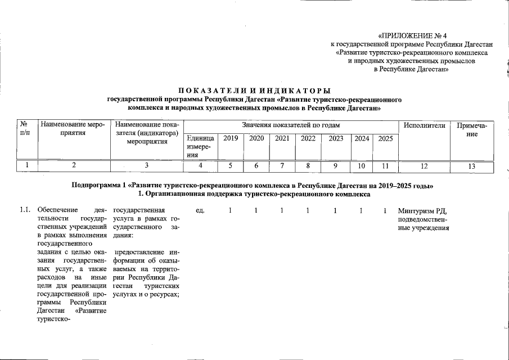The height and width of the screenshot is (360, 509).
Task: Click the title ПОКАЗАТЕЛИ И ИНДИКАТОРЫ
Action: coord(254,91)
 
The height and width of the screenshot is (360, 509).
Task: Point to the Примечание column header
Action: coord(474,129)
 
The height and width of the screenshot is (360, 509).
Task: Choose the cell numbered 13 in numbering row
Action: coord(474,166)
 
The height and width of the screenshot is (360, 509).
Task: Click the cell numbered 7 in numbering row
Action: coord(282,166)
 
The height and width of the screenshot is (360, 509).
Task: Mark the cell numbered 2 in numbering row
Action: coord(74,166)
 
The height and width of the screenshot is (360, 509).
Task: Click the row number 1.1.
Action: coord(24,211)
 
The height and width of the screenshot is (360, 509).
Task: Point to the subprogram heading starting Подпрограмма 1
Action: coord(253,185)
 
